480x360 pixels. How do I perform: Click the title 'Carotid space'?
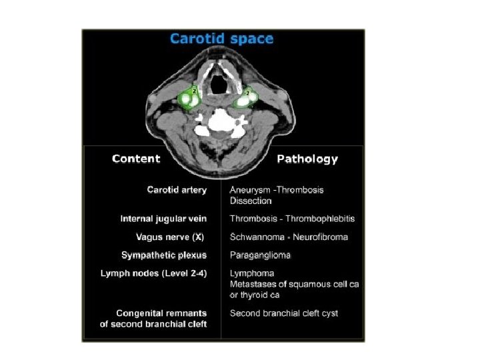[x=221, y=38]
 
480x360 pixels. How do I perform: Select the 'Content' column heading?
[x=136, y=159]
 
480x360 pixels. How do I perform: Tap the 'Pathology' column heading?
[x=307, y=159]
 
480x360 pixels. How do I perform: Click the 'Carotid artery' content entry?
[x=177, y=190]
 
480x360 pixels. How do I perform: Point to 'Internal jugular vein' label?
[x=163, y=219]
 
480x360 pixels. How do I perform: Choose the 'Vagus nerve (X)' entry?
[x=169, y=237]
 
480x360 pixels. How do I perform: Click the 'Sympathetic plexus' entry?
[x=164, y=255]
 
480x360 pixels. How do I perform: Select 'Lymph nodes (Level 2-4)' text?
[x=153, y=273]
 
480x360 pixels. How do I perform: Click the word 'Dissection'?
[x=251, y=200]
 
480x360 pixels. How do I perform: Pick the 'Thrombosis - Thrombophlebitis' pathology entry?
[x=292, y=219]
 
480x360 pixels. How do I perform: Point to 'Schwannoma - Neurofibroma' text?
[x=289, y=237]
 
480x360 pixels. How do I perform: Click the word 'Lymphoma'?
[x=252, y=273]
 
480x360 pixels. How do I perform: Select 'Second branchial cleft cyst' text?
[x=284, y=313]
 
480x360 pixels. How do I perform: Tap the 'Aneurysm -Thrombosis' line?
[x=277, y=190]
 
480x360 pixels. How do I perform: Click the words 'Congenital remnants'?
[x=161, y=313]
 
